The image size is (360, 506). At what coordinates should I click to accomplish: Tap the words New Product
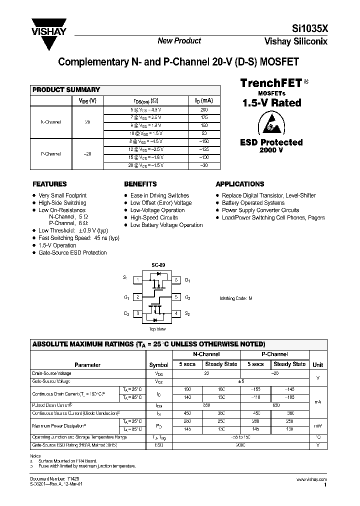coord(179,41)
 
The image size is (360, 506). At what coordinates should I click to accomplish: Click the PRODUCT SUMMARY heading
coord(66,90)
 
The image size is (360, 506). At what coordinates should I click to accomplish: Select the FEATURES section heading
coord(49,184)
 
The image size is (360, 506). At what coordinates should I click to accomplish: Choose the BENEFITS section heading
coord(140,184)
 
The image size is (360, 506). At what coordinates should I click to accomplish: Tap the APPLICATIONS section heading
coord(240,184)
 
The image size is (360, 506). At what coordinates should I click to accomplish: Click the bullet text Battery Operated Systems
coord(253,203)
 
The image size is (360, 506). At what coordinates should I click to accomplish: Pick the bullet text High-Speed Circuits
coord(154,217)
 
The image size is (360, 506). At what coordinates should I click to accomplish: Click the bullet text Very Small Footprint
coord(62,195)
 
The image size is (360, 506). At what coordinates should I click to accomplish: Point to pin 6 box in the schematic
coord(176,280)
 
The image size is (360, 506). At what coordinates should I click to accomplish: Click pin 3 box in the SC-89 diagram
coord(137,313)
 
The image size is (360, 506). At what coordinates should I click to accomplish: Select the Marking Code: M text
coord(236,298)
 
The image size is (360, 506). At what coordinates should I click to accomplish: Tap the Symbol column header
coord(158,365)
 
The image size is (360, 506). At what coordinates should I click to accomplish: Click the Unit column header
coord(317,365)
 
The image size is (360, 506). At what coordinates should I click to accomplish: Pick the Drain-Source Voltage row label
coord(51,373)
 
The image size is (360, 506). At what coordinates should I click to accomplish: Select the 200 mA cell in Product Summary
coord(203,109)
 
